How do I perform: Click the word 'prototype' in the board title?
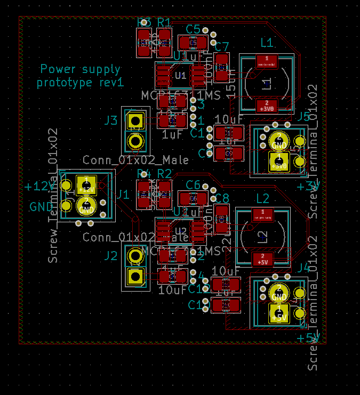[x=67, y=83]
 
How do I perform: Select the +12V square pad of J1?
[x=86, y=185]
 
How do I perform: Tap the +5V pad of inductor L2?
[x=262, y=260]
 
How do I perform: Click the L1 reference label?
[x=267, y=43]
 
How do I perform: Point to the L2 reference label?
[x=262, y=199]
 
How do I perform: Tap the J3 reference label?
[x=110, y=120]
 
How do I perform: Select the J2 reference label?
[x=110, y=256]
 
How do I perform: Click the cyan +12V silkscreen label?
[x=39, y=187]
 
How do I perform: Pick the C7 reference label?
[x=222, y=46]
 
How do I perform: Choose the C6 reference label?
[x=193, y=185]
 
